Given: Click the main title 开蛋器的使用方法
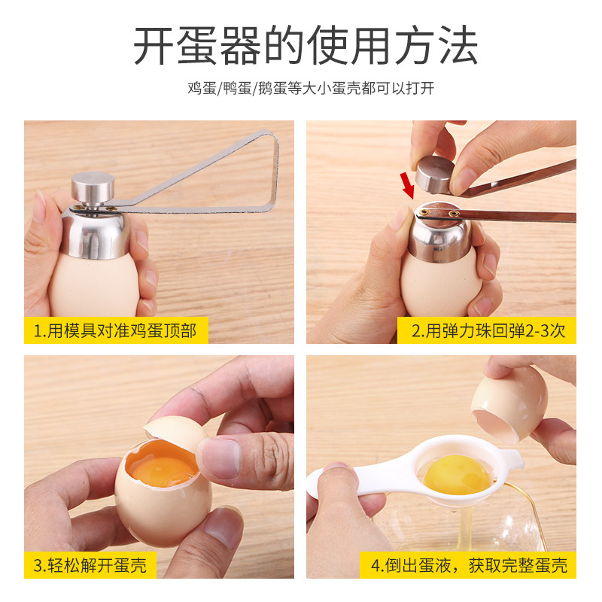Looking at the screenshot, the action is pyautogui.click(x=306, y=45).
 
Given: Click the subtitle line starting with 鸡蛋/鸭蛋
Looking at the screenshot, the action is pyautogui.click(x=311, y=88).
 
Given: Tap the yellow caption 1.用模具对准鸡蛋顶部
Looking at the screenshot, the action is pyautogui.click(x=116, y=330).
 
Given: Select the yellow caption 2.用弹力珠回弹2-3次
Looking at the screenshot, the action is pyautogui.click(x=488, y=330).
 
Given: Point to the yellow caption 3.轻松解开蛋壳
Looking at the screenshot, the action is pyautogui.click(x=90, y=565).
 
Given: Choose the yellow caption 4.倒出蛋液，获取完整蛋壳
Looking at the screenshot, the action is pyautogui.click(x=468, y=565).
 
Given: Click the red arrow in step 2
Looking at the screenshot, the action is pyautogui.click(x=407, y=185).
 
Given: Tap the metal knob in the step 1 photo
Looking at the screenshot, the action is pyautogui.click(x=93, y=188).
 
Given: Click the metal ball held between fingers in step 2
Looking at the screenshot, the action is pyautogui.click(x=435, y=175).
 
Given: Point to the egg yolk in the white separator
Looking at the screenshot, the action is pyautogui.click(x=457, y=474).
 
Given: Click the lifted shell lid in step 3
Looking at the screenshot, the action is pyautogui.click(x=175, y=429).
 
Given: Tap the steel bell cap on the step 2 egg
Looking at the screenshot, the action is pyautogui.click(x=440, y=233).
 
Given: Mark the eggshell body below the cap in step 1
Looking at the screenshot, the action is pyautogui.click(x=95, y=284).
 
